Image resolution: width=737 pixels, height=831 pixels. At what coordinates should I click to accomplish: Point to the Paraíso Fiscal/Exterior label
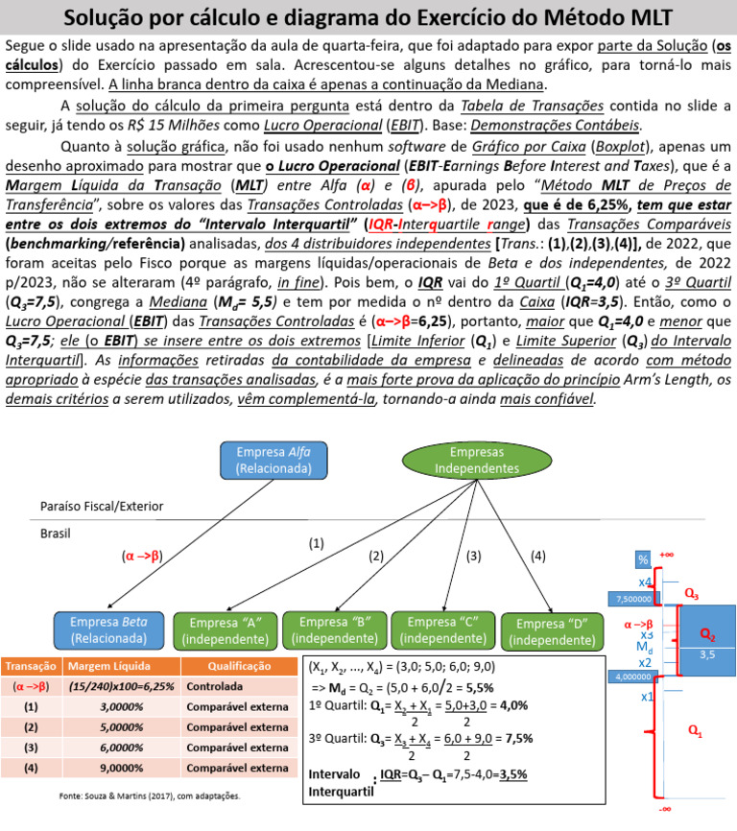pyautogui.click(x=102, y=506)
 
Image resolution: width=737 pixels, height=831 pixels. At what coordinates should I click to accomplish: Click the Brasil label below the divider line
pyautogui.click(x=57, y=533)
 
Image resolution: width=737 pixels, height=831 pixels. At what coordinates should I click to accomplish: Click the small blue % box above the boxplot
pyautogui.click(x=642, y=559)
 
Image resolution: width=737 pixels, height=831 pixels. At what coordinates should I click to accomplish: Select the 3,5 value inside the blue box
pyautogui.click(x=706, y=655)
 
